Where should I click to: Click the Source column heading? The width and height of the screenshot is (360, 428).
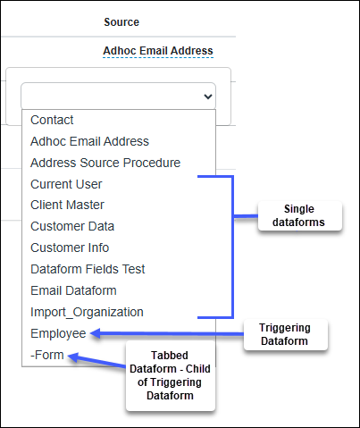point(121,22)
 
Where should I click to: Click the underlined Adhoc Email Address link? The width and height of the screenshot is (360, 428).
point(158,51)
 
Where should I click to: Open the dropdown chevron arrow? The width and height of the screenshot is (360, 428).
point(208,97)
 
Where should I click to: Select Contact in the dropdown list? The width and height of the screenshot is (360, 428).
point(52,120)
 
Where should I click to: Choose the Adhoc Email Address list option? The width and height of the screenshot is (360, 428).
point(89,141)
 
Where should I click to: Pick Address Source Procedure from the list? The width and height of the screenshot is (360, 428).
point(105,163)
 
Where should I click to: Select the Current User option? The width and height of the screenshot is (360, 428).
point(66,184)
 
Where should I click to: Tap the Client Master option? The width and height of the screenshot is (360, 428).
point(67,205)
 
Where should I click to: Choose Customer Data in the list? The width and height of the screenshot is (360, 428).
point(72,226)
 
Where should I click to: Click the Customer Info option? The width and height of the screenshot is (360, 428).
point(70,248)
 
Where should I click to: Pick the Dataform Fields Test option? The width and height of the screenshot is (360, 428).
point(88,269)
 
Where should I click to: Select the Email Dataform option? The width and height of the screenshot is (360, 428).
point(73,290)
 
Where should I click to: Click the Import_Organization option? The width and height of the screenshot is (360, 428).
point(87,312)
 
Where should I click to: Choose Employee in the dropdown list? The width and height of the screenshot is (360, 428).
point(58,333)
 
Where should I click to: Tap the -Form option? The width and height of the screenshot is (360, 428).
point(47,355)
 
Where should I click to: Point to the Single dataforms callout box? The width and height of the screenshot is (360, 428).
point(300,215)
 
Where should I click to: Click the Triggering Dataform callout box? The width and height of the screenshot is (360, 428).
point(286,334)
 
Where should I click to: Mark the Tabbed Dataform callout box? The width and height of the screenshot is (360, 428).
point(171,375)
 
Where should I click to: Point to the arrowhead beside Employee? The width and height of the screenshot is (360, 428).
point(95,333)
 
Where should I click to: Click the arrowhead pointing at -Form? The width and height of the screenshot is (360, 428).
point(72,357)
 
